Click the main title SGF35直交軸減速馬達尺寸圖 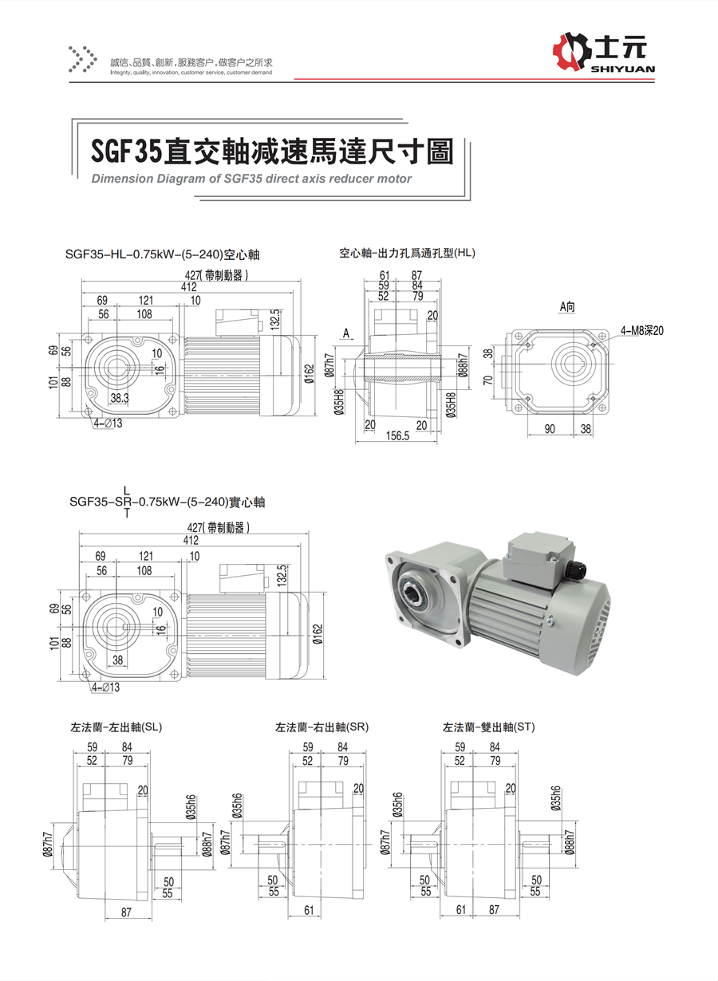271,149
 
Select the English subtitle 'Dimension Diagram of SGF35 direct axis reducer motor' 251,179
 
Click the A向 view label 567,306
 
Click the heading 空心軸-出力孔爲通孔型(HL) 407,254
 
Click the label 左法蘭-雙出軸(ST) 489,727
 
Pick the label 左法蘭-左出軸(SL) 116,727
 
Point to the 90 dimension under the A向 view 550,428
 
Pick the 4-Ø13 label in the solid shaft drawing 105,687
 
